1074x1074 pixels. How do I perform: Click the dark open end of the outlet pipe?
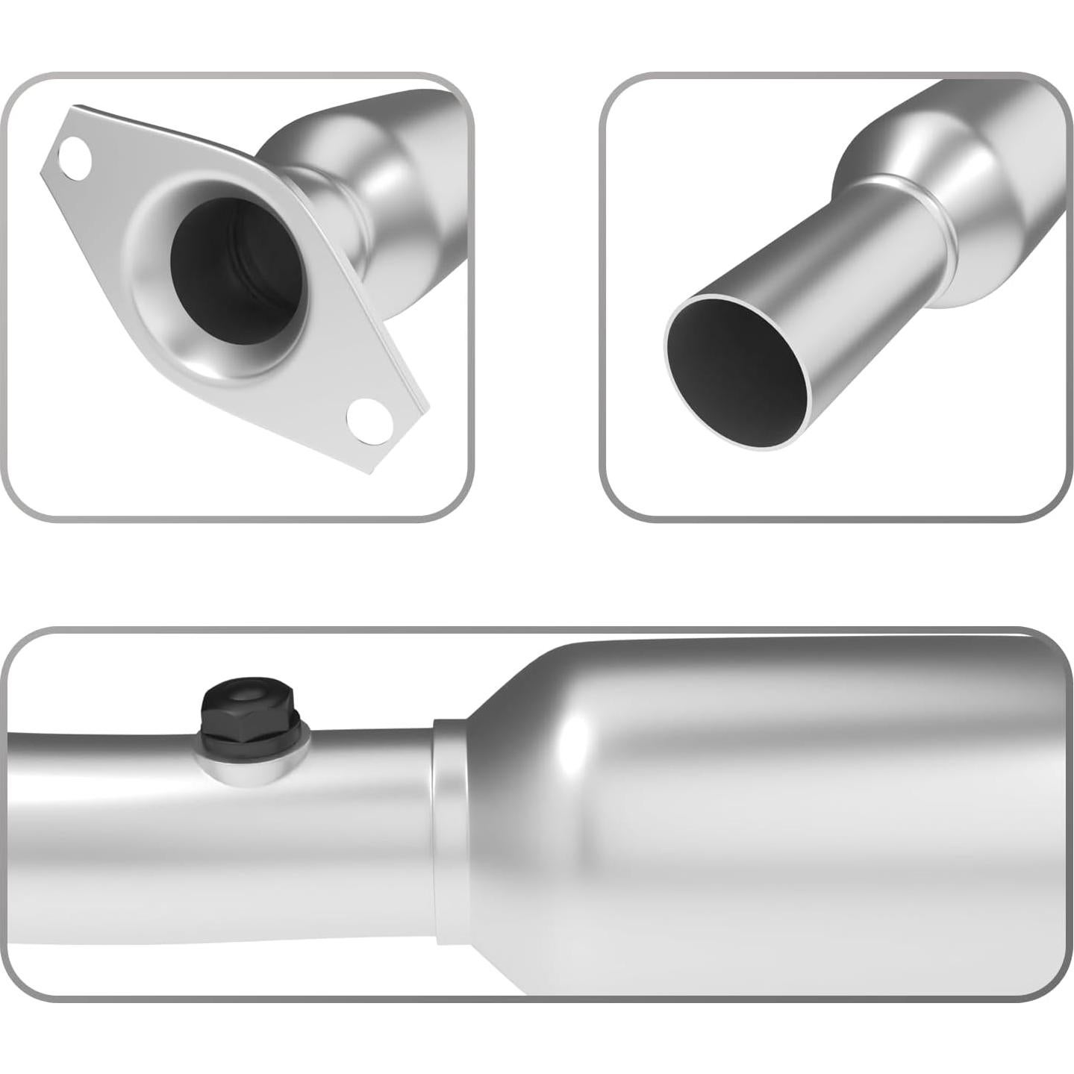point(735,373)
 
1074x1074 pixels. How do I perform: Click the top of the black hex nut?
point(243,698)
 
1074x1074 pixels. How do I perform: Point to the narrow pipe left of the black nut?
point(97,806)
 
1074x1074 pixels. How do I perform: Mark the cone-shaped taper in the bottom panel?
point(515,821)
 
